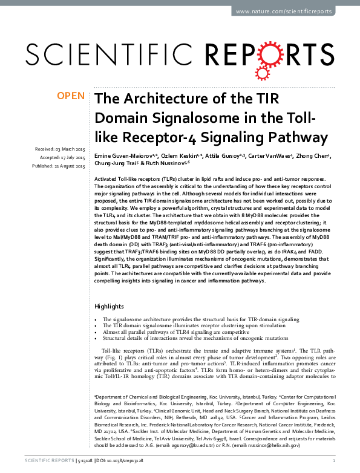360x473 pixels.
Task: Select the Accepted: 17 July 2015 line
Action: point(61,157)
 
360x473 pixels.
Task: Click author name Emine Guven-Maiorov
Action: point(124,156)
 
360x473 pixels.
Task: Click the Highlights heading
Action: point(109,306)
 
